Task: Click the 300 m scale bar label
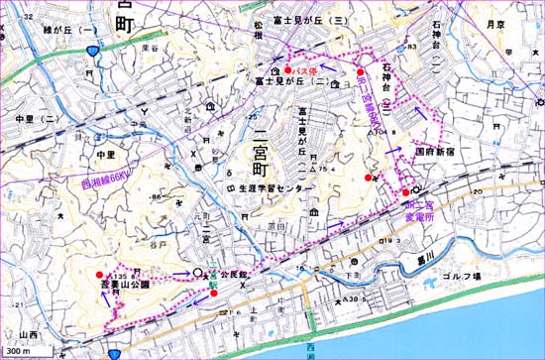click(x=17, y=352)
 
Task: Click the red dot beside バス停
click(x=287, y=71)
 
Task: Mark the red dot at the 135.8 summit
click(x=99, y=275)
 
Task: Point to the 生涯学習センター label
click(x=279, y=187)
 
